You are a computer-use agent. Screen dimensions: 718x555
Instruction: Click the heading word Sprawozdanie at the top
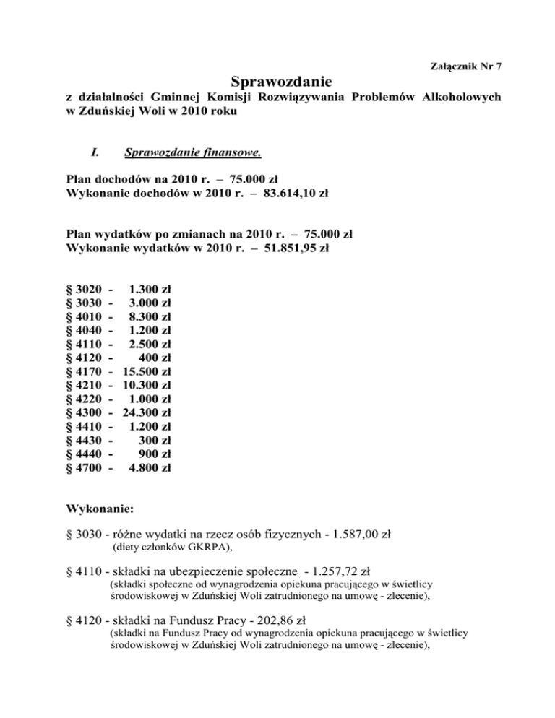click(282, 80)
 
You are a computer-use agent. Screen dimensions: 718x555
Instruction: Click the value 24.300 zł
click(147, 412)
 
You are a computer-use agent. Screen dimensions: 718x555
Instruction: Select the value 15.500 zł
click(147, 371)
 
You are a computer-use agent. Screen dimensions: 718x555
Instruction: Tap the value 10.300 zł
click(147, 385)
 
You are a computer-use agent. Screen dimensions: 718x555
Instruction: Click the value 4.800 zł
click(150, 467)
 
